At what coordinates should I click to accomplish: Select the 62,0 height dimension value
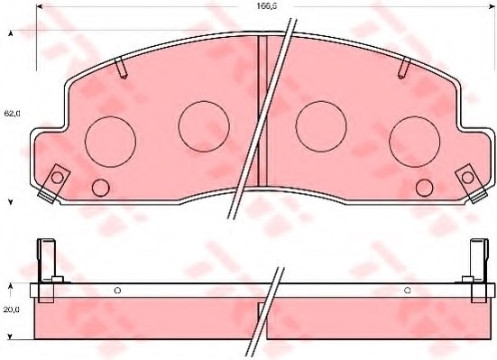12,114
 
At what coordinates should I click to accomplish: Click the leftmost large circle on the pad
109,141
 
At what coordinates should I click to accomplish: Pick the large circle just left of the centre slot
204,125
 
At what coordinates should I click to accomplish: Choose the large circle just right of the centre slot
322,125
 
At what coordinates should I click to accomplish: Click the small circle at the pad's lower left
101,188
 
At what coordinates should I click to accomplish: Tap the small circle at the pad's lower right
424,188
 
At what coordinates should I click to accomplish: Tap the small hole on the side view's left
117,290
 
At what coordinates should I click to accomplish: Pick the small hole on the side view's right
408,290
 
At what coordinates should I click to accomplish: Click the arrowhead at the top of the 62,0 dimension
12,33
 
